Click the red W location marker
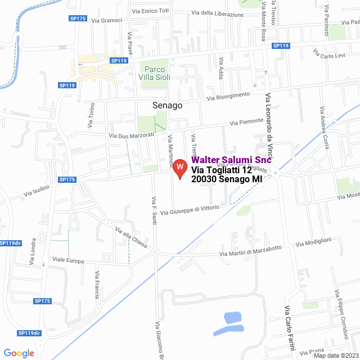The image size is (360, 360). [179, 168]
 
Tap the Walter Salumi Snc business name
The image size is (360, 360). [232, 160]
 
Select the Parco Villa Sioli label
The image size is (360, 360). [153, 72]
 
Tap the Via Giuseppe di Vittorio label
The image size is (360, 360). [190, 210]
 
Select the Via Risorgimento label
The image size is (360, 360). [228, 96]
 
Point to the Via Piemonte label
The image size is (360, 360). [246, 122]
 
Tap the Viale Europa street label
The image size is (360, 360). [68, 261]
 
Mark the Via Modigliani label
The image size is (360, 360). [313, 242]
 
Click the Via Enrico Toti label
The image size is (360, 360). [150, 11]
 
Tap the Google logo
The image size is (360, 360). [19, 353]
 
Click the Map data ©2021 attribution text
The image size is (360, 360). [335, 355]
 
